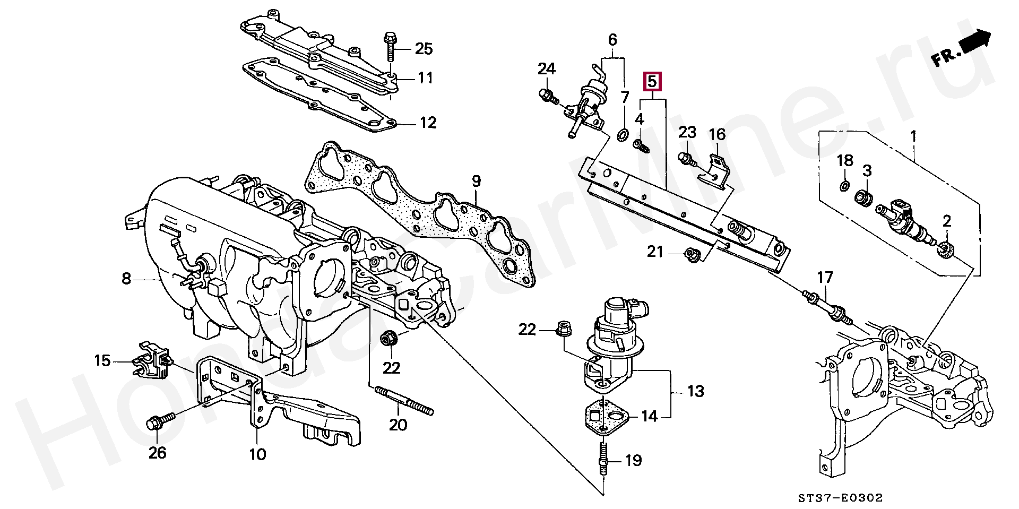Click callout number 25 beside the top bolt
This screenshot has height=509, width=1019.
[423, 49]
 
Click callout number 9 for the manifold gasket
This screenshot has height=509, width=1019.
[476, 181]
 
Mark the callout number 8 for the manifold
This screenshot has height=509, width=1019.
[126, 278]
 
